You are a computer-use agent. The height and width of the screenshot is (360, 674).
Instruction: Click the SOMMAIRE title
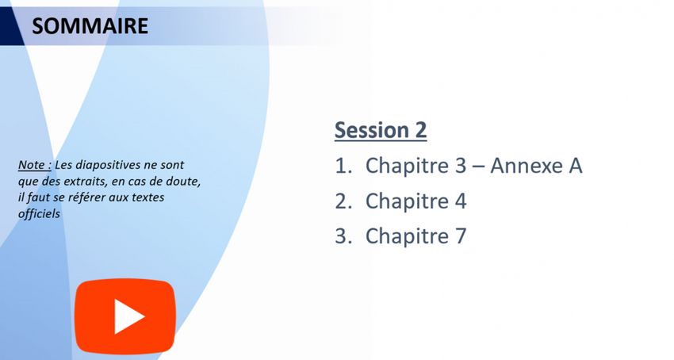[x=90, y=26]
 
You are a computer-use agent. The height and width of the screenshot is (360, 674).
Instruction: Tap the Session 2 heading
[x=381, y=130]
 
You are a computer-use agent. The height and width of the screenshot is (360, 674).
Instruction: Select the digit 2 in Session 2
[x=420, y=130]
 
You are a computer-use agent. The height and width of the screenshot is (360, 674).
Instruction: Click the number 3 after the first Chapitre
[x=461, y=166]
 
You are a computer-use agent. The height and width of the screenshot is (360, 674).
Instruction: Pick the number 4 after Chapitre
[x=461, y=201]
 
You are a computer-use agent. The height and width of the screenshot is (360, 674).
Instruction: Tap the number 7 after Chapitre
[x=461, y=236]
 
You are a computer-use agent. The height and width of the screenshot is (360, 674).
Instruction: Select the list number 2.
[x=343, y=201]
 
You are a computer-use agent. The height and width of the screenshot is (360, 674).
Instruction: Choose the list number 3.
[x=343, y=236]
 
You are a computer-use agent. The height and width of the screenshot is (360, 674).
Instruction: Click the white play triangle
[x=128, y=316]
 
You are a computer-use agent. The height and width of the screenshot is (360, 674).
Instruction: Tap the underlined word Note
[x=32, y=165]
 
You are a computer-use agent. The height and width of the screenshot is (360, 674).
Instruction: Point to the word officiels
[x=39, y=214]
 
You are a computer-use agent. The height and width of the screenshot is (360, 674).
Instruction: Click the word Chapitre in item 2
[x=407, y=201]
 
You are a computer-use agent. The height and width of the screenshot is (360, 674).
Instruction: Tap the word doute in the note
[x=185, y=182]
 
